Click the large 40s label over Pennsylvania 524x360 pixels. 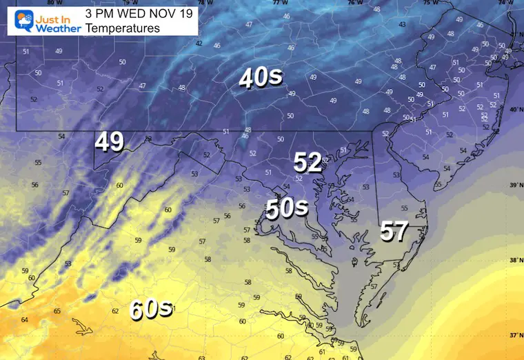[261, 79]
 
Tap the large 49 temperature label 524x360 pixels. [110, 142]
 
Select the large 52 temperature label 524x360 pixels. [308, 163]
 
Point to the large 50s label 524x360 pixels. [286, 208]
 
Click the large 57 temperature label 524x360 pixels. [395, 232]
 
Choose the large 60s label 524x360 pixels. [150, 309]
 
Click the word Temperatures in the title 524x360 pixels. [123, 28]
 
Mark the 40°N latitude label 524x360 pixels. [514, 110]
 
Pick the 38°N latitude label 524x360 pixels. [514, 261]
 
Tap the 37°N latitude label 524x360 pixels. [514, 335]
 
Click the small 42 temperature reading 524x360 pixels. [199, 43]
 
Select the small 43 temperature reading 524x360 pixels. [402, 25]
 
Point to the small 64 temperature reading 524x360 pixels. [25, 319]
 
